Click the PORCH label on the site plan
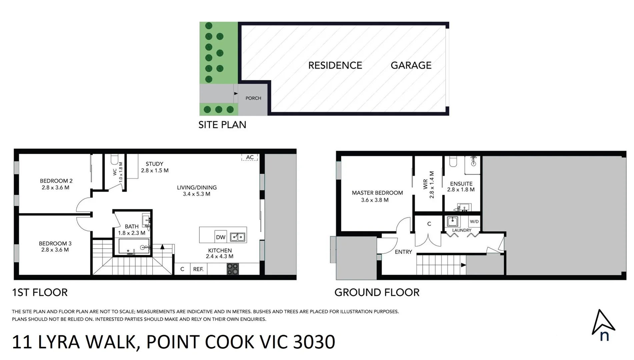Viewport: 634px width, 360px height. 253,98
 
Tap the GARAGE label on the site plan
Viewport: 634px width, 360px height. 411,65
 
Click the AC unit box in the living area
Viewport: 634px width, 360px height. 250,157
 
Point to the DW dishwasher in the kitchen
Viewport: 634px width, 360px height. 221,237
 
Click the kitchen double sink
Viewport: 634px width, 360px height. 238,237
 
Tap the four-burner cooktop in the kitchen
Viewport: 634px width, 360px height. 233,269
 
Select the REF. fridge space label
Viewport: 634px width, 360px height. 198,269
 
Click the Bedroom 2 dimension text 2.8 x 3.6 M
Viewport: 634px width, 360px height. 55,188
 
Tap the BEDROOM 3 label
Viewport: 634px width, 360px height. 55,244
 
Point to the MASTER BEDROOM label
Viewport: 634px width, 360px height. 377,193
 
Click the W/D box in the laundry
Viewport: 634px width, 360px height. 474,222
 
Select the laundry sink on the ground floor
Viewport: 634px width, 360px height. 452,221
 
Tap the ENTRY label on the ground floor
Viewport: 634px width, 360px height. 403,252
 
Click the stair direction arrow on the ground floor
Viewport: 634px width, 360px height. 463,265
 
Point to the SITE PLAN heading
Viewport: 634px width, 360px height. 222,125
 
